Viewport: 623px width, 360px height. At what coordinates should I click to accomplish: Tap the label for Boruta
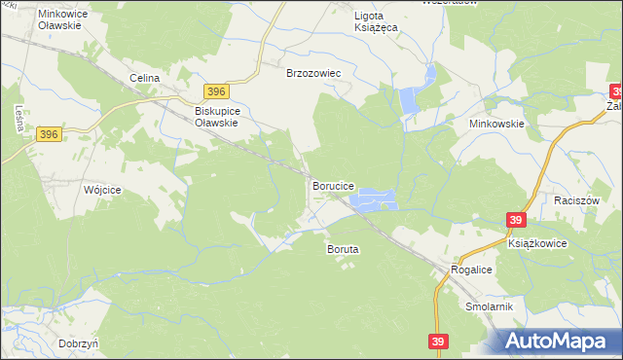(x=342, y=249)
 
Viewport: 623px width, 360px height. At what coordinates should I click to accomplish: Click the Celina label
(x=144, y=77)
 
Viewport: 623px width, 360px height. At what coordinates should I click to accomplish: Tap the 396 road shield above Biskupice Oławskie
(x=217, y=91)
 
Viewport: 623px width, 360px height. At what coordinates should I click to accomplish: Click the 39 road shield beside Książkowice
(x=517, y=221)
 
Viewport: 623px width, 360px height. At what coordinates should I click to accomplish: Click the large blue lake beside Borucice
(x=375, y=200)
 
